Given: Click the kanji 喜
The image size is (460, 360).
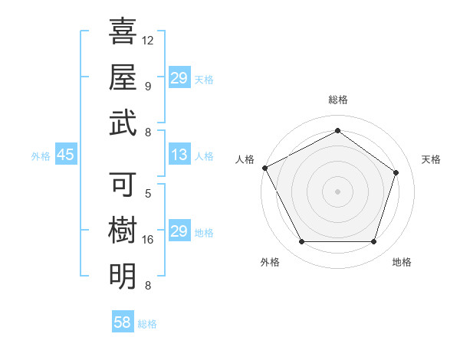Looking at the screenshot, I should tap(123, 32).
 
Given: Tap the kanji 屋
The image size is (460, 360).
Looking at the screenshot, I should tap(123, 77).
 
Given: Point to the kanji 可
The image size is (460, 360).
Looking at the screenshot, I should tap(123, 185).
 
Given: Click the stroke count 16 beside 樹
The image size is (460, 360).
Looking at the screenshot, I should tap(148, 240).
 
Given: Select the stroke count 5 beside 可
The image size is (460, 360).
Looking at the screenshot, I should tap(148, 194).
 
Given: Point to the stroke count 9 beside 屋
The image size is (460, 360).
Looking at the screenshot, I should tap(148, 86).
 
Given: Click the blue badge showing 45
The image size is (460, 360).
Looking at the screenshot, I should tap(65, 155).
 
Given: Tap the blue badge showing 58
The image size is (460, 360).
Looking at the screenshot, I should tap(122, 323).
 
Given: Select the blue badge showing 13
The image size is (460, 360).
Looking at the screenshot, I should tap(179, 155).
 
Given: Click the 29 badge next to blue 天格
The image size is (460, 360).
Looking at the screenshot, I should tap(179, 78).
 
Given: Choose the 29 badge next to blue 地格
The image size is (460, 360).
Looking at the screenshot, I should tap(179, 231).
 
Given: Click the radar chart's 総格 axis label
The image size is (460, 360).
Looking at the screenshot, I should tap(337, 100).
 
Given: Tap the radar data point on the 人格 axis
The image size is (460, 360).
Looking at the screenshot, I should tap(264, 168).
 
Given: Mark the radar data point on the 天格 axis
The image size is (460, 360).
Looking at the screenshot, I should tap(396, 172).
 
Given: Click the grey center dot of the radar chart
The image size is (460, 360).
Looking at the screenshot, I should tap(337, 191).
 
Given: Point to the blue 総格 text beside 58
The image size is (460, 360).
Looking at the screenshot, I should tap(147, 324).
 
